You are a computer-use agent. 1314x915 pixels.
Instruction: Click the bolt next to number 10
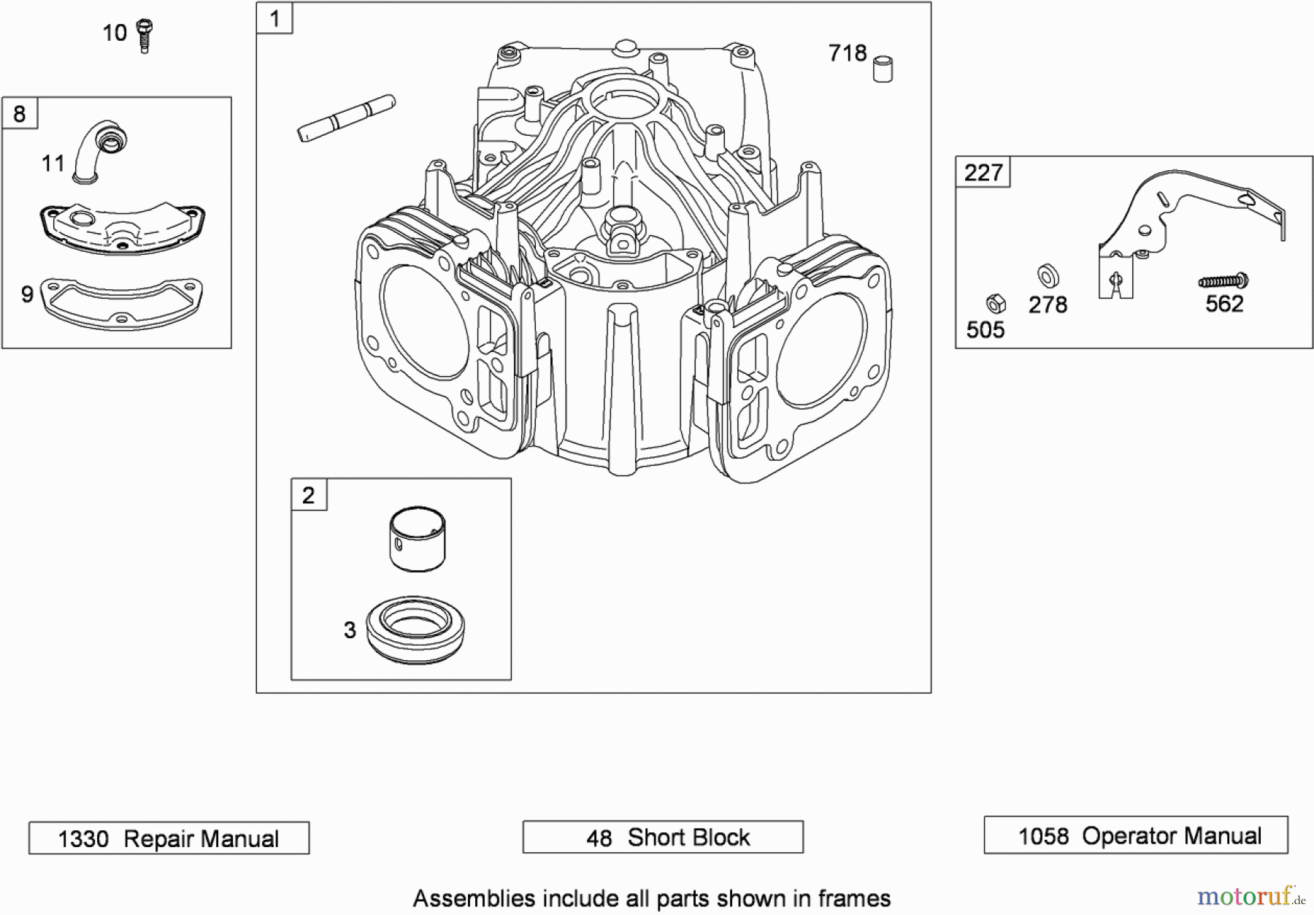tap(145, 36)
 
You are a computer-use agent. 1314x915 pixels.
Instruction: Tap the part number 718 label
tap(848, 53)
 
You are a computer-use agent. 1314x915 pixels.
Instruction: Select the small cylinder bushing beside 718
tap(883, 68)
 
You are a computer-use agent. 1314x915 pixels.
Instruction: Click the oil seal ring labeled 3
tap(415, 629)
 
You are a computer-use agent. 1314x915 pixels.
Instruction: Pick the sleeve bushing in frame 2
tap(418, 540)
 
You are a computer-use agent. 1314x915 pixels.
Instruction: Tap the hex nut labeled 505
tap(996, 304)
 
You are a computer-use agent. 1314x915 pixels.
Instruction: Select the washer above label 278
tap(1048, 277)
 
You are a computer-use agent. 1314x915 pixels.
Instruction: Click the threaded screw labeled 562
tap(1223, 280)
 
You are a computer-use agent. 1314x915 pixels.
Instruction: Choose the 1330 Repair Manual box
tap(169, 838)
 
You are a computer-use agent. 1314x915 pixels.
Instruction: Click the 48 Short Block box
tap(663, 837)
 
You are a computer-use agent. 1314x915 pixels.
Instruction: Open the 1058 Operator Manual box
tap(1136, 835)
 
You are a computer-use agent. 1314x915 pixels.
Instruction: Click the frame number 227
tap(983, 172)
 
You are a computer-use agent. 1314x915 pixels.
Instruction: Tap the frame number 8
tap(20, 114)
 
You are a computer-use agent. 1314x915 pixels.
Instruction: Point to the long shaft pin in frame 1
tap(347, 118)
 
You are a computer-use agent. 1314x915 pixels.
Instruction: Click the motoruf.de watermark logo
tap(1250, 895)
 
